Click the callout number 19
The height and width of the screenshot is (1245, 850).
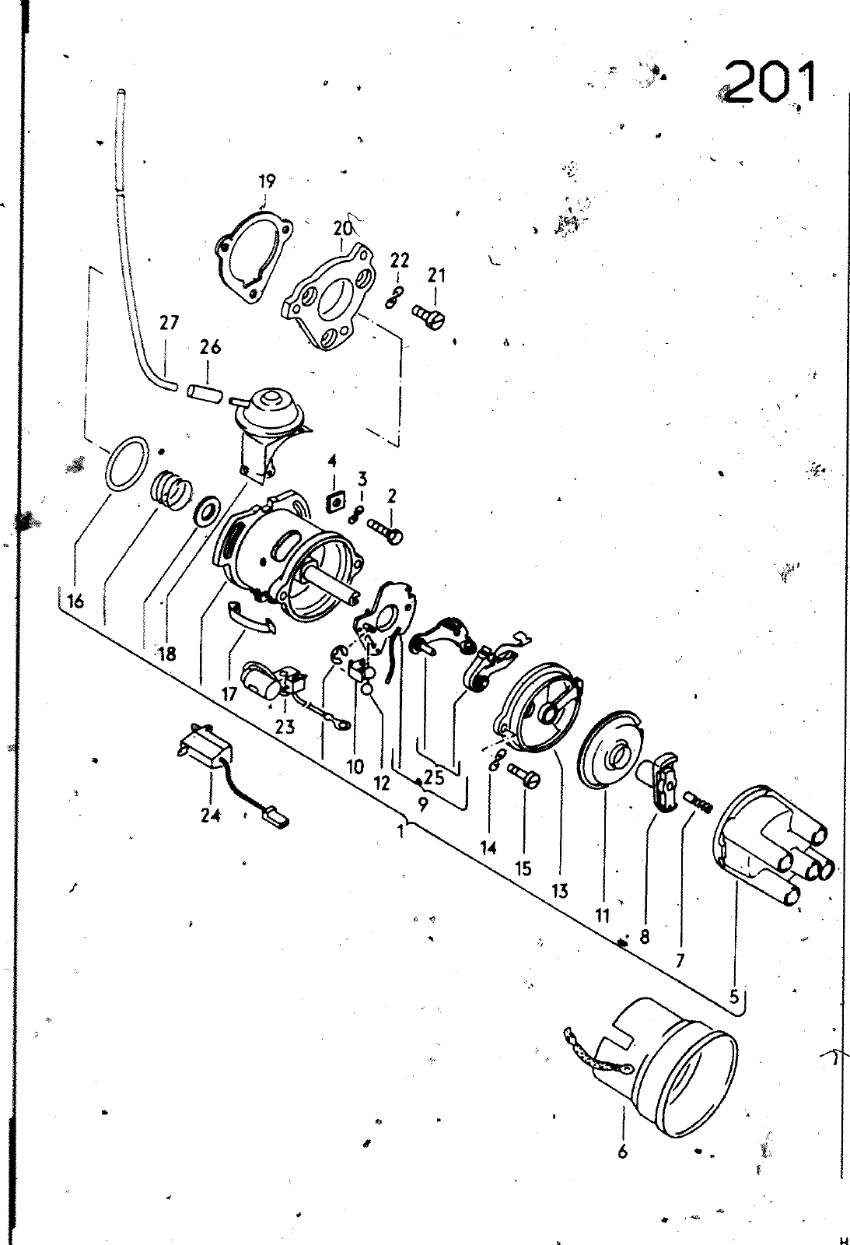pos(268,181)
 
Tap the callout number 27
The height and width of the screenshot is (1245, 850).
pos(169,322)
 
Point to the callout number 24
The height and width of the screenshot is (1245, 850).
pos(211,815)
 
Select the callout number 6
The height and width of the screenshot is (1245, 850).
pos(622,1151)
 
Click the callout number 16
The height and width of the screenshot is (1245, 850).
pos(75,601)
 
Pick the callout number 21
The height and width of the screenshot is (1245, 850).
pos(436,275)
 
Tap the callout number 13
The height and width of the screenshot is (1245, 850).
pos(560,891)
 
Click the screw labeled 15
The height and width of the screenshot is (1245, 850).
pos(524,774)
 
